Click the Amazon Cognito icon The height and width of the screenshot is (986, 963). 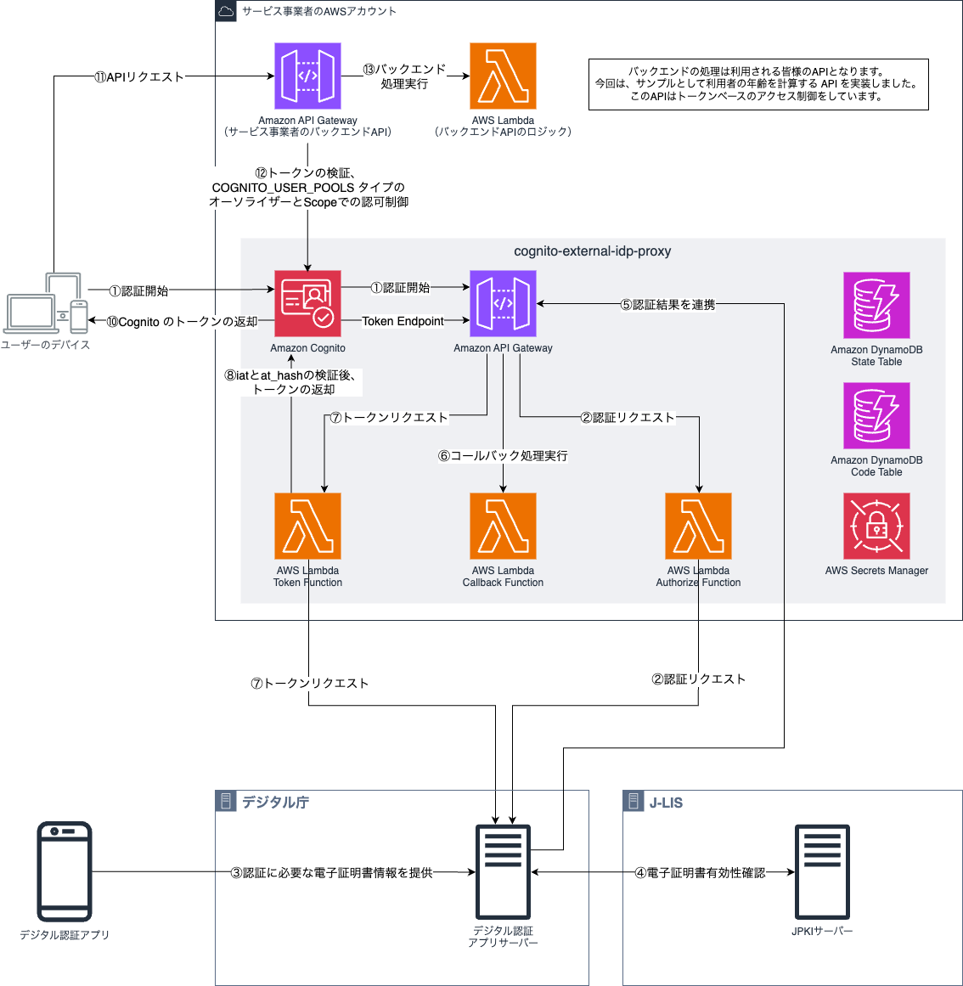[x=307, y=303]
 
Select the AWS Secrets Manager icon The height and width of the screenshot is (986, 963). [x=876, y=526]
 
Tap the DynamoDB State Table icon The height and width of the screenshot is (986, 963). [x=876, y=305]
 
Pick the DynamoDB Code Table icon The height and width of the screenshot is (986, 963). [x=876, y=415]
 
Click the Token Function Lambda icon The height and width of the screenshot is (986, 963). [x=307, y=526]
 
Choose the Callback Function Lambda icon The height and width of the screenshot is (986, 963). [x=503, y=526]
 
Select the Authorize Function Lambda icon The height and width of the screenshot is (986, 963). [x=698, y=526]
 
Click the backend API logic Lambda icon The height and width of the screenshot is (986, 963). [x=503, y=76]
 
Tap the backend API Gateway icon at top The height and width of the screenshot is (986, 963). [x=307, y=76]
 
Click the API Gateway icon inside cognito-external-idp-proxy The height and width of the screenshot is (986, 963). [x=503, y=303]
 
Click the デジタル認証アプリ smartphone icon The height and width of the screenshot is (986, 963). [x=65, y=870]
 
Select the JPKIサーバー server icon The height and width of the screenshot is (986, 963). [x=821, y=870]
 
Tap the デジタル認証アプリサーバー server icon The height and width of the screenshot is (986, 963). [x=503, y=870]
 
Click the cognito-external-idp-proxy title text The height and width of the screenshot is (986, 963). [x=592, y=251]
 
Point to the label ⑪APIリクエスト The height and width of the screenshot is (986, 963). [x=139, y=77]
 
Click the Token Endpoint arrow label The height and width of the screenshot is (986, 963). [x=403, y=321]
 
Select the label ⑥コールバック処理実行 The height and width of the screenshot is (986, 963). [x=503, y=456]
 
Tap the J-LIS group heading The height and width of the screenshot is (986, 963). [x=666, y=803]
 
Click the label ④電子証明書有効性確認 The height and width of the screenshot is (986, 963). [x=700, y=873]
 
